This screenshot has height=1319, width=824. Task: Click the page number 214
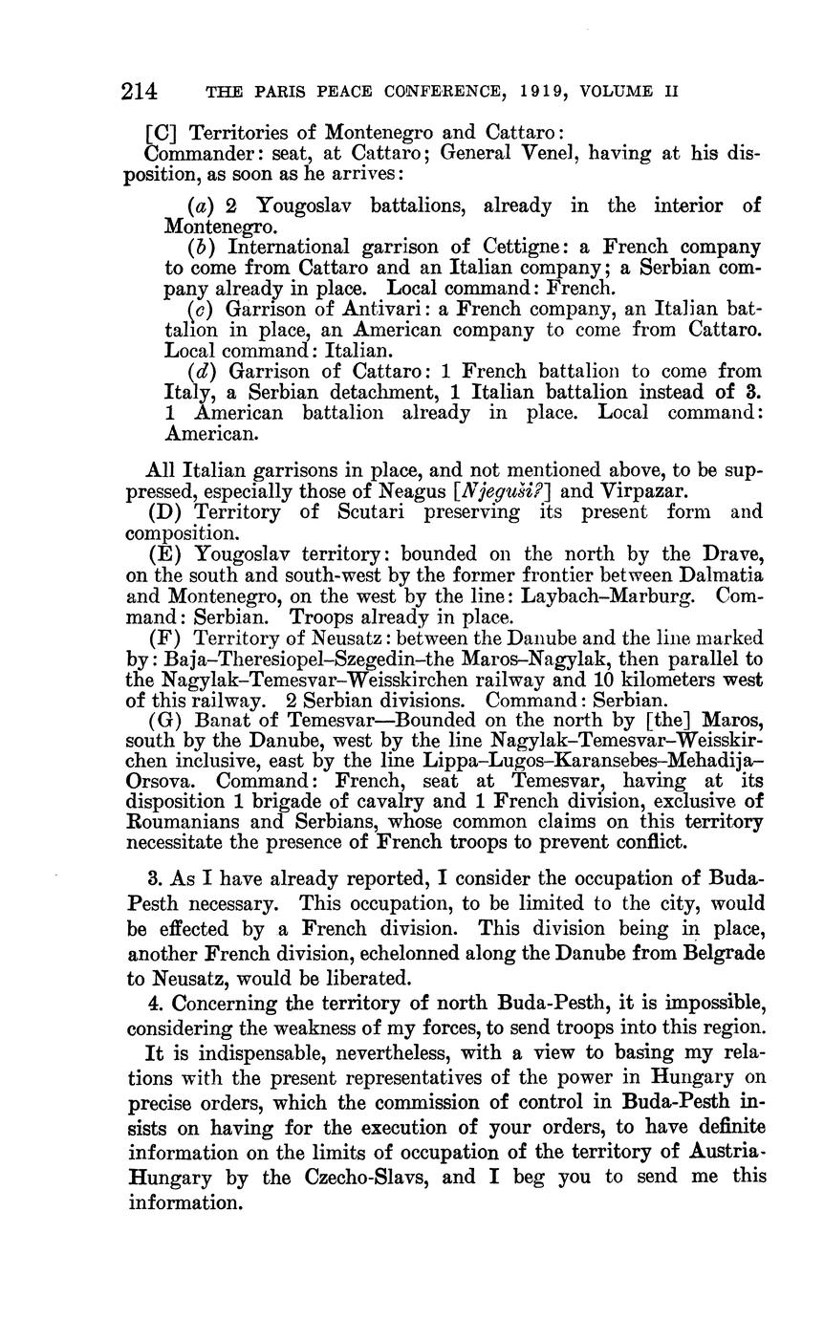click(140, 92)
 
